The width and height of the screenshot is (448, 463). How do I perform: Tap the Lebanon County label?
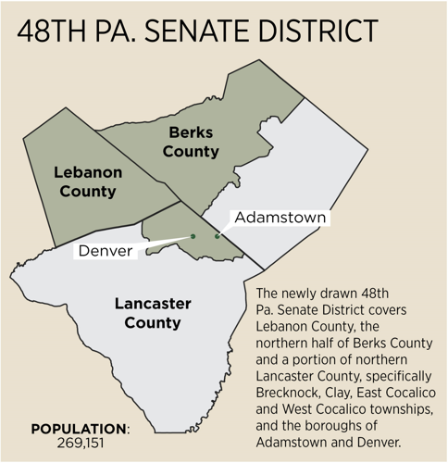coord(85,182)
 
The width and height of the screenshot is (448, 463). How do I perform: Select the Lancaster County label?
coord(147,313)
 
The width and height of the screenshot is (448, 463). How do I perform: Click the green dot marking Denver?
coord(193,236)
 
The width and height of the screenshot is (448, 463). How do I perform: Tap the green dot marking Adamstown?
coord(217,236)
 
